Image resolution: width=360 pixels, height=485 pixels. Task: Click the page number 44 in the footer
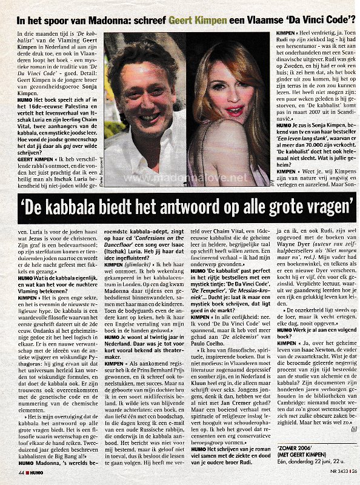21,471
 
